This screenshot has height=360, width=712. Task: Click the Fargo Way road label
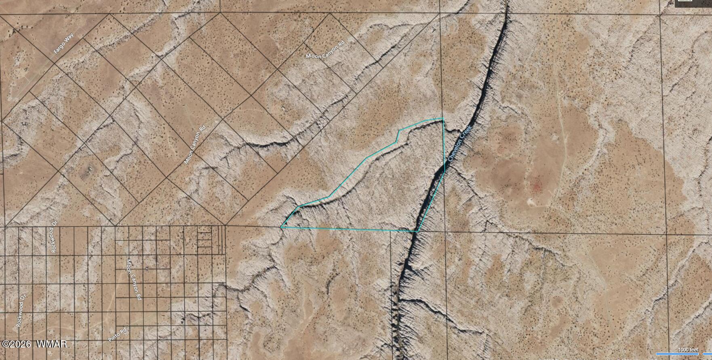[x=64, y=44]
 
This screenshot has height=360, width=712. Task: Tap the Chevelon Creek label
[x=460, y=143]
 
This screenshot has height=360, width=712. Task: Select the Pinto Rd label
[x=118, y=335]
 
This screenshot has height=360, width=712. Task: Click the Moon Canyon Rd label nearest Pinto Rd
[x=134, y=279]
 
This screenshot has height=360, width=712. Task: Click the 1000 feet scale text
[x=688, y=350]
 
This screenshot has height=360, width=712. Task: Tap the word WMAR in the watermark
[x=51, y=344]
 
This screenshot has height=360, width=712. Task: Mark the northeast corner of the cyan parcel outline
[x=443, y=118]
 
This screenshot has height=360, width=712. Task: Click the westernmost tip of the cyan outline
[x=281, y=227]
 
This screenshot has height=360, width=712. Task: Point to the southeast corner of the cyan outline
[x=417, y=231]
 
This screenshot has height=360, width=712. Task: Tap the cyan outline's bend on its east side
[x=444, y=171]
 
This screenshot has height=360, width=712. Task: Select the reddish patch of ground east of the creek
[x=536, y=185]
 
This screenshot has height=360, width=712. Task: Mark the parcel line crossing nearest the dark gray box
[x=661, y=15]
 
